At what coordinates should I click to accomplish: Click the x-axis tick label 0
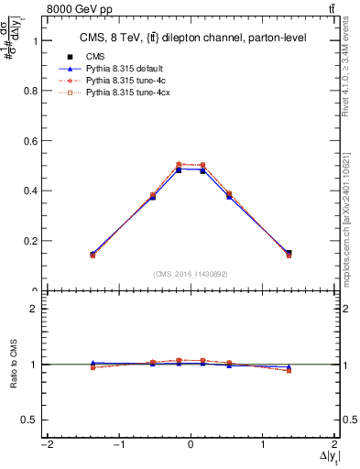[x=191, y=444]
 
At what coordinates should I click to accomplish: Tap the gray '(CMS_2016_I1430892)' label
[x=190, y=273]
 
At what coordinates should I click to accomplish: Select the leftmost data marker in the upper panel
[x=93, y=255]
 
